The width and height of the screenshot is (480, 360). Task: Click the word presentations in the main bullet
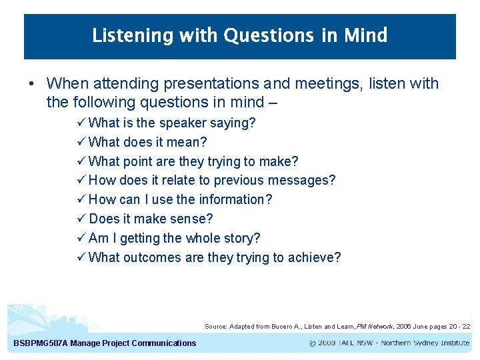coord(209,83)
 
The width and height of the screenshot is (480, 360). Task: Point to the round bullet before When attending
coord(31,84)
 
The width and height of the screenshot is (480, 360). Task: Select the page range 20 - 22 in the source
coord(458,327)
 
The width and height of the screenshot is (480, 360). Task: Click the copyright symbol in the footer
coord(313,343)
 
